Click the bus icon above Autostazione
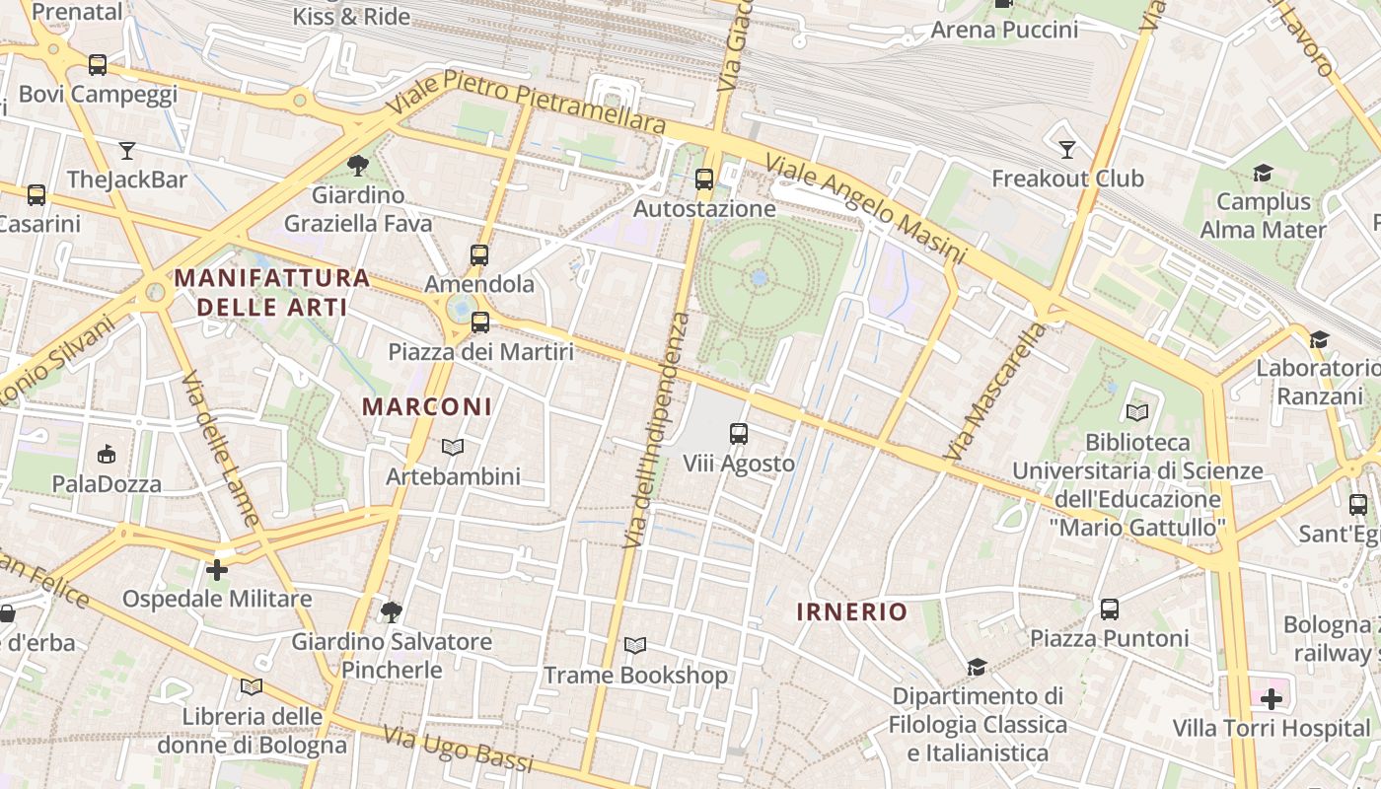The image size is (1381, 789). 703,179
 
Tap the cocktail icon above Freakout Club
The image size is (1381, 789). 1066,150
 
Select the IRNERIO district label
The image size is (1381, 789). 851,611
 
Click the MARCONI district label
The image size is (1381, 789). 426,406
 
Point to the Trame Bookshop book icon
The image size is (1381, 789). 635,646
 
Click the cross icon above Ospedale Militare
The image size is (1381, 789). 217,569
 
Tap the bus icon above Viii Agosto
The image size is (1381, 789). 738,433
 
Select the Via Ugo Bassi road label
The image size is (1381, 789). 458,750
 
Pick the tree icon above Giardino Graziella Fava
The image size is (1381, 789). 357,166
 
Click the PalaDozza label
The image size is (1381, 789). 107,484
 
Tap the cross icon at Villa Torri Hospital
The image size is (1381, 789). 1271,700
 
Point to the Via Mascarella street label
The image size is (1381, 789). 994,391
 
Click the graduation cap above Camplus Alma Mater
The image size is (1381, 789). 1263,174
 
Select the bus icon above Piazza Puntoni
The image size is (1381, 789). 1109,609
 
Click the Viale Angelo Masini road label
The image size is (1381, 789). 864,209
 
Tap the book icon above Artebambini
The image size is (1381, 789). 453,448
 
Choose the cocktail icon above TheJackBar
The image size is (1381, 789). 126,151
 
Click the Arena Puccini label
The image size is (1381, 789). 1004,30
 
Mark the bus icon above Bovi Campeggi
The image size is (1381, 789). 97,65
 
